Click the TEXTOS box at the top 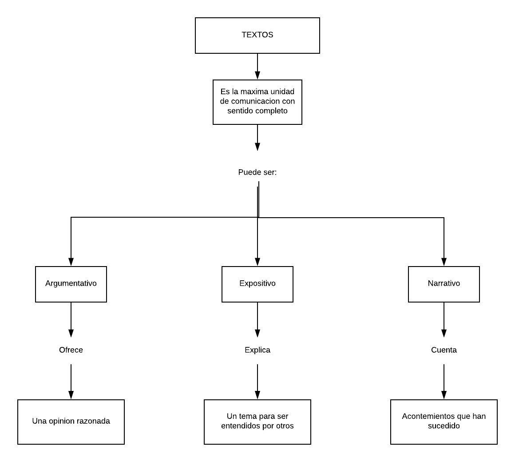coord(257,35)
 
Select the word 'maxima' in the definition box coord(254,92)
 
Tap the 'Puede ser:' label coord(257,172)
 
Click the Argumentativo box coord(71,284)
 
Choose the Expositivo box coord(257,284)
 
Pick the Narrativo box coord(444,284)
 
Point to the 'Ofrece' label coord(71,350)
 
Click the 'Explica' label coord(257,350)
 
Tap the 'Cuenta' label coord(444,350)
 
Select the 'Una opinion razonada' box coord(71,422)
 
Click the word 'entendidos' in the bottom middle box coord(240,426)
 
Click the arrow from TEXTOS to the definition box coord(257,66)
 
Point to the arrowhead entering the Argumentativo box coord(71,262)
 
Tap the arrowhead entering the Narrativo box coord(444,262)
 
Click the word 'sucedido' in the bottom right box coord(444,426)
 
